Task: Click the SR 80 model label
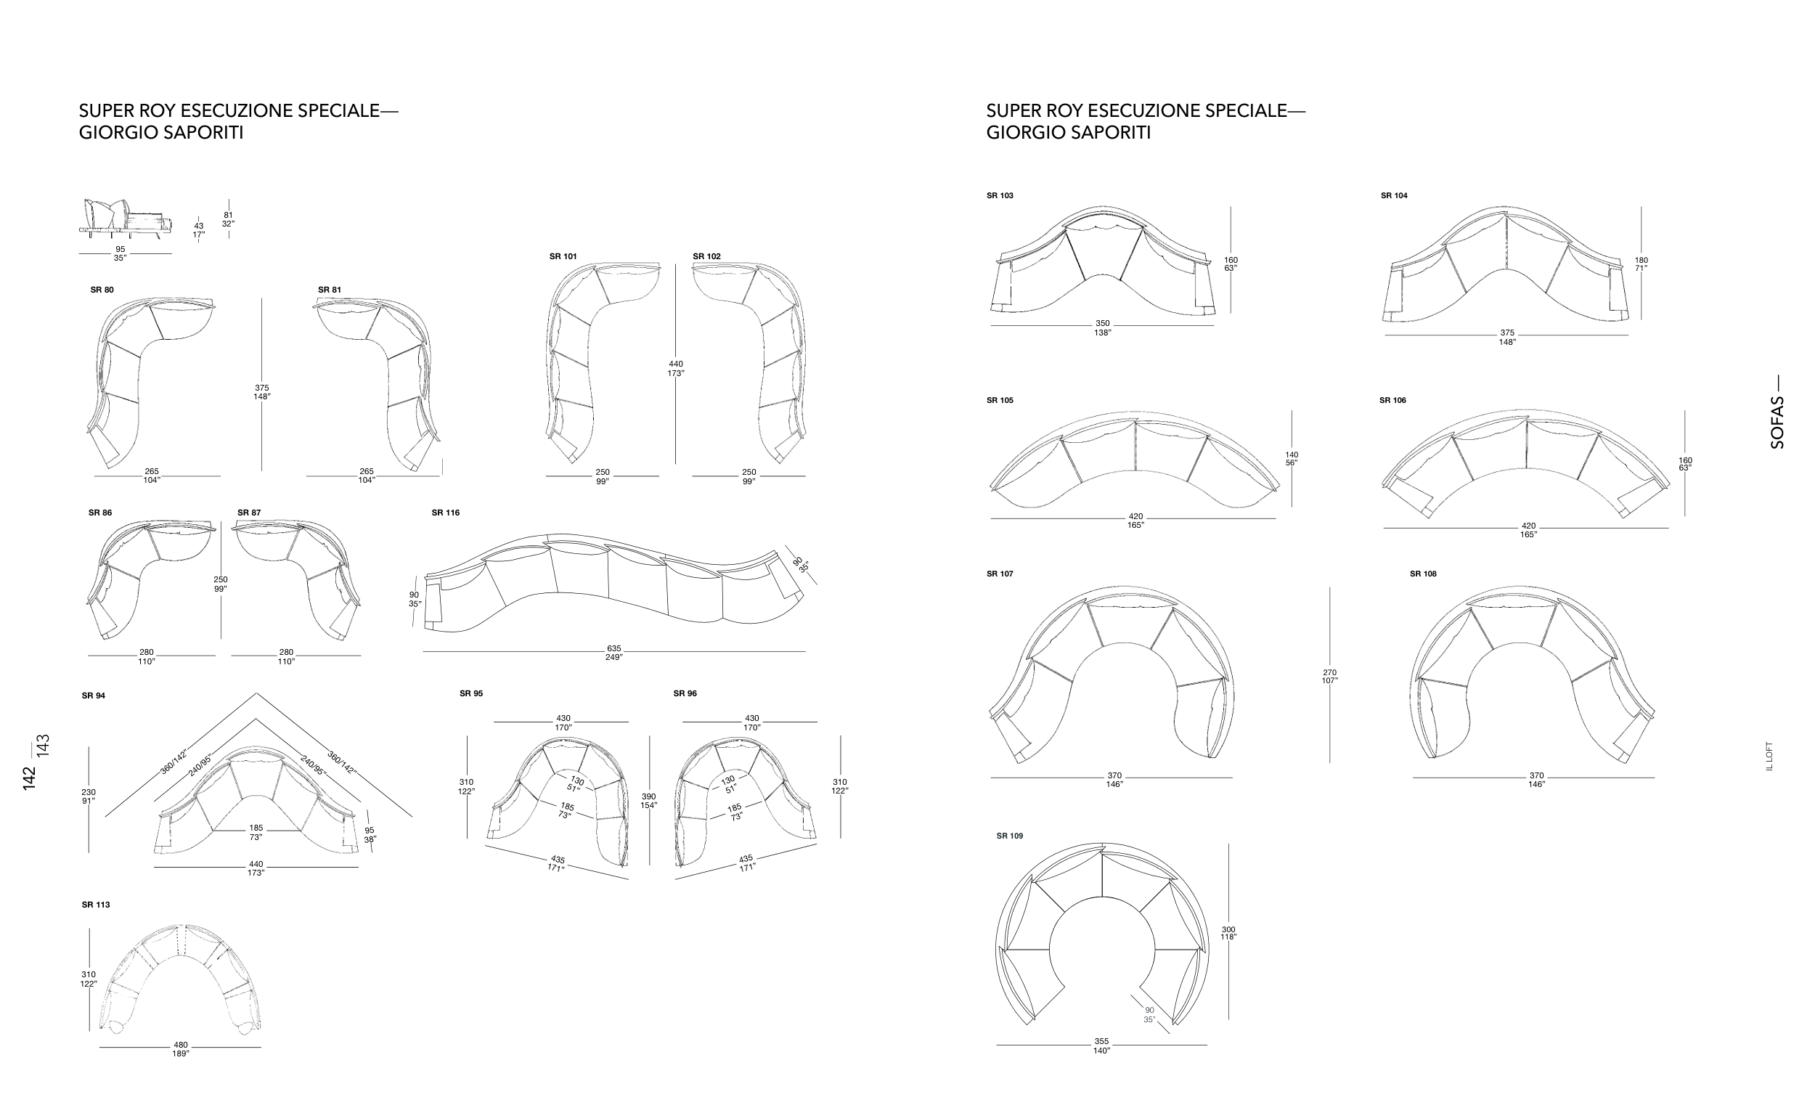coord(102,290)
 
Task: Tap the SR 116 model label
coord(446,513)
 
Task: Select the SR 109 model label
coord(1010,836)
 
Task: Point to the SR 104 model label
coord(1395,196)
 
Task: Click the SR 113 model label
coord(96,905)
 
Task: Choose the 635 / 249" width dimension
coord(614,653)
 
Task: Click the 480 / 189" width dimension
coord(181,1049)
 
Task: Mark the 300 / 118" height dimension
coord(1228,934)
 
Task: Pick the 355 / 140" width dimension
coord(1101,1046)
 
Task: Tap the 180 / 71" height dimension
coord(1641,264)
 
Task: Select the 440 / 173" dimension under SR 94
coord(256,868)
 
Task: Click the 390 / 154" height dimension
coord(649,801)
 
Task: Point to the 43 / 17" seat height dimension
coord(198,231)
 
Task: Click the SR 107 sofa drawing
coord(1112,673)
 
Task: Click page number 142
coord(30,779)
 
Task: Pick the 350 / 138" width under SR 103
coord(1102,328)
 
